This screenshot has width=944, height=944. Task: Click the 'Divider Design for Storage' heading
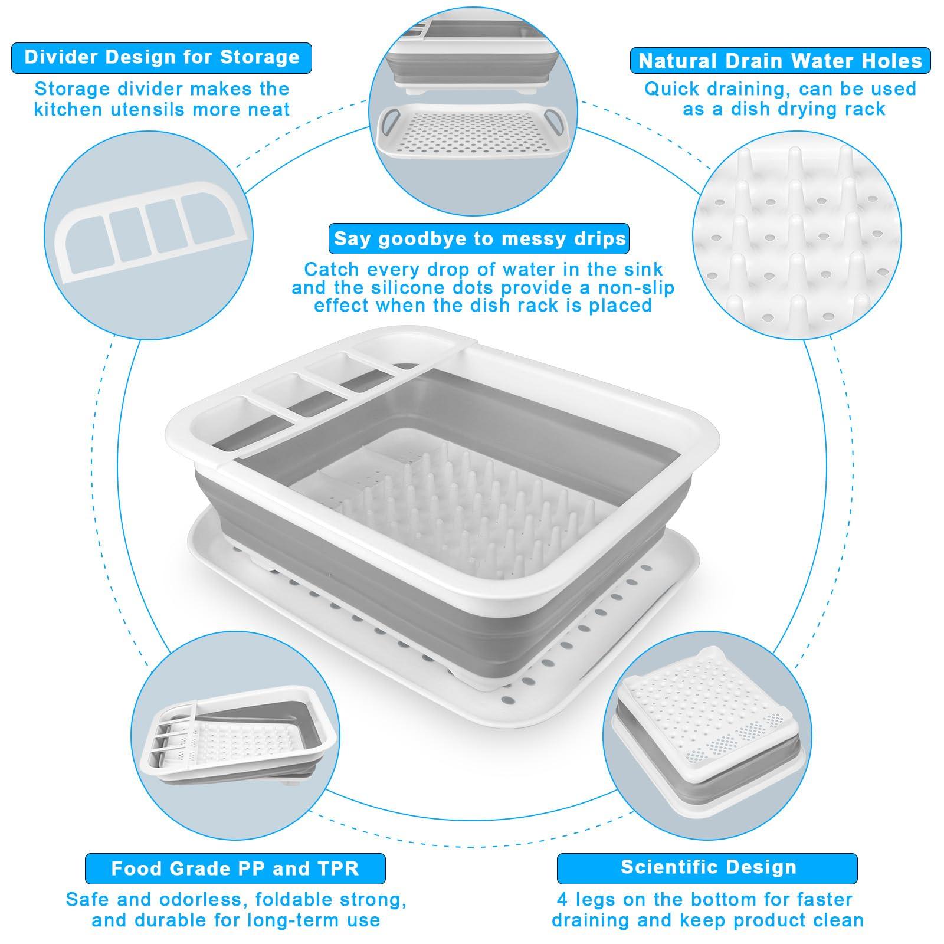point(162,57)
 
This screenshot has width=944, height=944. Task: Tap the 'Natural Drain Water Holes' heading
point(780,61)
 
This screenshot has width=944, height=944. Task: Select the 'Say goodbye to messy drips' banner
point(479,238)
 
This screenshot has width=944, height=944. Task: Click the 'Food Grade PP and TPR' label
point(235,868)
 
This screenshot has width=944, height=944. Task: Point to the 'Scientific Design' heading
point(708,867)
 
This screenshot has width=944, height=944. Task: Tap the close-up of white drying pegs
point(796,236)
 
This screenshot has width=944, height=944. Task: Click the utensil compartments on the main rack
point(307,389)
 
